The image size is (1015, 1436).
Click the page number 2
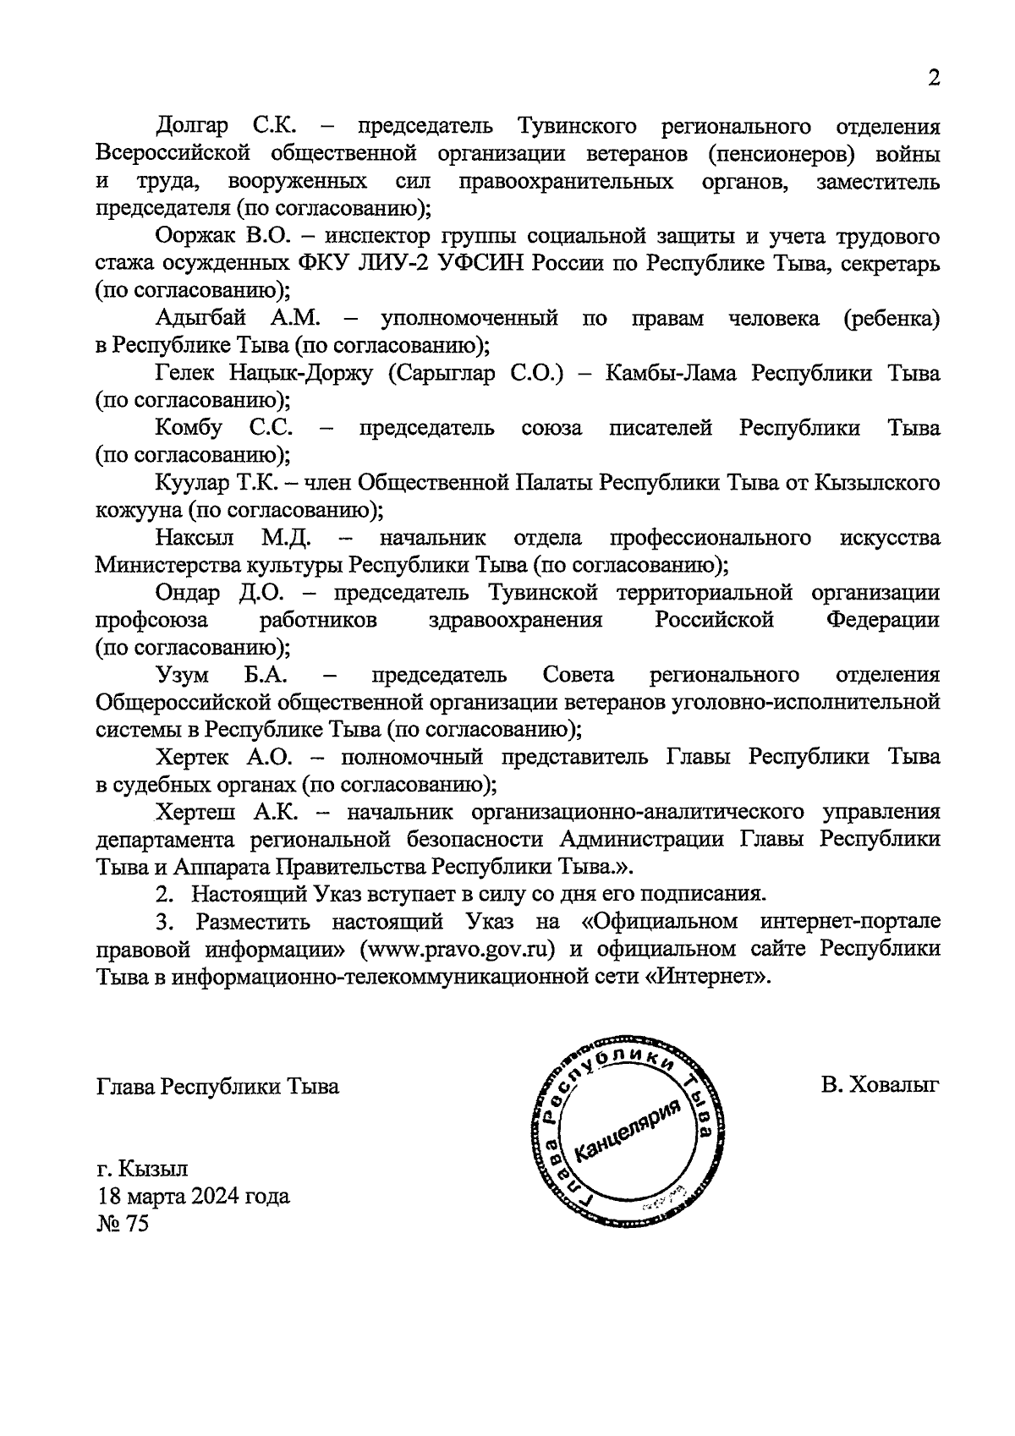pyautogui.click(x=934, y=79)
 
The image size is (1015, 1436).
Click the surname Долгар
pyautogui.click(x=192, y=127)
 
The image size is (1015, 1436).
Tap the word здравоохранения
pyautogui.click(x=515, y=620)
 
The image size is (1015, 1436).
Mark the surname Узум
pyautogui.click(x=183, y=675)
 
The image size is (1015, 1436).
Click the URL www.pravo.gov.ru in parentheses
pyautogui.click(x=458, y=949)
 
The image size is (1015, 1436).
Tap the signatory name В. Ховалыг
pyautogui.click(x=880, y=1086)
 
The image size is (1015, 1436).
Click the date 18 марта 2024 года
pyautogui.click(x=193, y=1196)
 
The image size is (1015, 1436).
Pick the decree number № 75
pyautogui.click(x=122, y=1224)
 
